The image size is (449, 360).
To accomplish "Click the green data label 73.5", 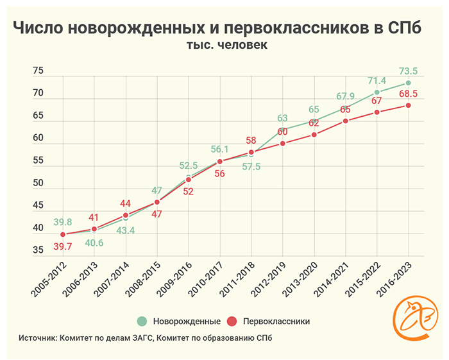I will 408,71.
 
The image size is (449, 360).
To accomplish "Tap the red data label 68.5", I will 408,94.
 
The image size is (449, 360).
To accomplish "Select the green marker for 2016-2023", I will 408,83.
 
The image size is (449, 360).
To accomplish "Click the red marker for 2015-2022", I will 377,112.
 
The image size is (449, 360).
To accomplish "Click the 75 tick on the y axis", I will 38,71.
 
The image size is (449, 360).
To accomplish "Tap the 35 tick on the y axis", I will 38,251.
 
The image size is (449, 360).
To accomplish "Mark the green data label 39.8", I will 62,222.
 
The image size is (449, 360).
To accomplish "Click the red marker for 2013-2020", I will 314,135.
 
